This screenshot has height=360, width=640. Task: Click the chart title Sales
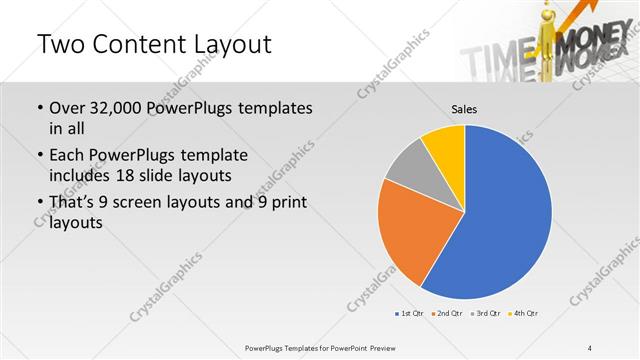coord(464,108)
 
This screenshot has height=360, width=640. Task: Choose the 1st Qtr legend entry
coord(410,314)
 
